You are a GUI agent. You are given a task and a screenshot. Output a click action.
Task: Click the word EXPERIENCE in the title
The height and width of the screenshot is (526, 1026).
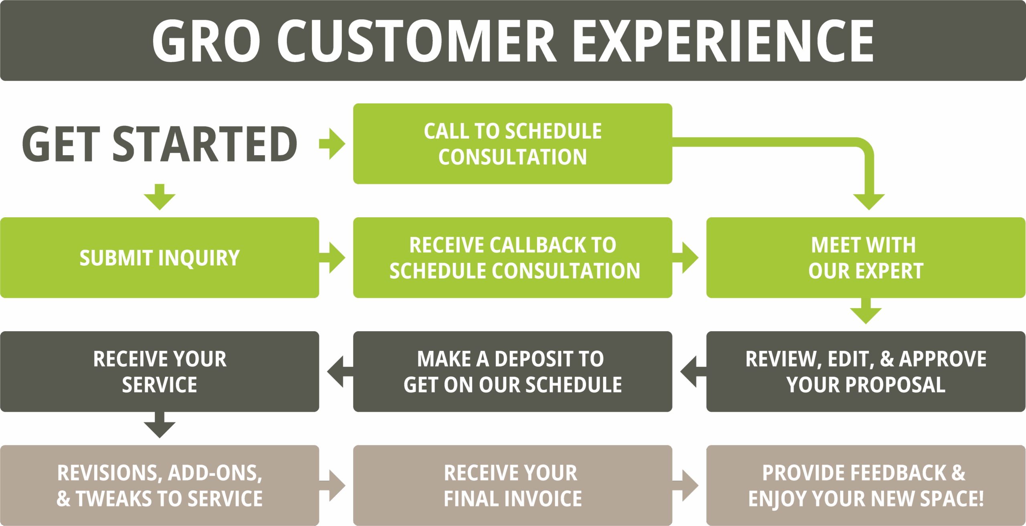pos(723,41)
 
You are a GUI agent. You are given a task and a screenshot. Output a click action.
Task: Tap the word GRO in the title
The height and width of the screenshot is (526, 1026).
pos(206,41)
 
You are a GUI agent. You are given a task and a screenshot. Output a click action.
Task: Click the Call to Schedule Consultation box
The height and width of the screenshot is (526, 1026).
pos(513,144)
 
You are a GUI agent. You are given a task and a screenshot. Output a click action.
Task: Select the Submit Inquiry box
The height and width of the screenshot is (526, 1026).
pos(160,257)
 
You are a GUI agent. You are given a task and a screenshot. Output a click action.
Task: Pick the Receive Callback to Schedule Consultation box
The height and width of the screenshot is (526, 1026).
pos(513,257)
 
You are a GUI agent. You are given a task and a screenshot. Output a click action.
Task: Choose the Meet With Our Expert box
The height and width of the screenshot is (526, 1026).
pos(866,257)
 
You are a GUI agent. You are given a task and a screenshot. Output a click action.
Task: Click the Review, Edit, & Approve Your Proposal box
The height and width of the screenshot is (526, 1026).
pos(866,371)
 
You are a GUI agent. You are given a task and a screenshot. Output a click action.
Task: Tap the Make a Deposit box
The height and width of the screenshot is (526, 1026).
pos(513,371)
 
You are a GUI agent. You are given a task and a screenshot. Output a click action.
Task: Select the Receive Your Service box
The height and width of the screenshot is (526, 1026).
pos(160,371)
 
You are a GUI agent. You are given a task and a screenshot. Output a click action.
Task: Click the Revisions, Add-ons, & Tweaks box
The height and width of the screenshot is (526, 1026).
pos(160,486)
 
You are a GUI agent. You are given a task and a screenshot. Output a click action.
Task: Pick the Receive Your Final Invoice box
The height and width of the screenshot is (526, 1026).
pos(513,486)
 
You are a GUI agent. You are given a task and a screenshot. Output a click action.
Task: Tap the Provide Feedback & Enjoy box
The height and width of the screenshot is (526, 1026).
pos(866,486)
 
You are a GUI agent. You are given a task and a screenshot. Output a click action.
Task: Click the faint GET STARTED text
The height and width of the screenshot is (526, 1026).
pos(160,144)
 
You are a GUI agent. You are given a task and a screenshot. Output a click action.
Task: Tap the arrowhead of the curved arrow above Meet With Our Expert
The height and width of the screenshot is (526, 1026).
pos(869,200)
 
